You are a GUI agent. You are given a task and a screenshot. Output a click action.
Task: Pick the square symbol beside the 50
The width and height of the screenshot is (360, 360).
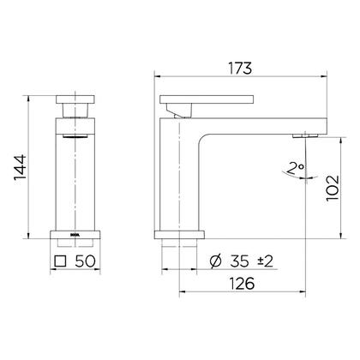tap(61, 260)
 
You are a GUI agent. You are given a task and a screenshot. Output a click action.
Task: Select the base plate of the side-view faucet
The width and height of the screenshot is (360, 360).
tap(178, 233)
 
